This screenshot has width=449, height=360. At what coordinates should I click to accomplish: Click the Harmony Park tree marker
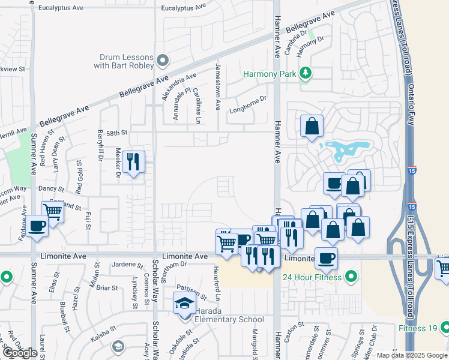pos(306,73)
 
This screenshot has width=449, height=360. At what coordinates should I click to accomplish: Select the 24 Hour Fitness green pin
pos(351,277)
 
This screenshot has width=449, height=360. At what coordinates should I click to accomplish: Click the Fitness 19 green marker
pos(445,328)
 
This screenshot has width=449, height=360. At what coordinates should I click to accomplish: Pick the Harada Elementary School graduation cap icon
pos(184,303)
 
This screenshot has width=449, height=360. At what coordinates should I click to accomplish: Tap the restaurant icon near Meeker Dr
pos(133,161)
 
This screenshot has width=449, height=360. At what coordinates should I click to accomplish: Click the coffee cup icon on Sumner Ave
pos(37,227)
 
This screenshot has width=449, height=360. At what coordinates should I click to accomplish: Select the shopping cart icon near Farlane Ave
pos(53,211)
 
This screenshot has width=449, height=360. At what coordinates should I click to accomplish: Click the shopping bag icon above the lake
pos(312,126)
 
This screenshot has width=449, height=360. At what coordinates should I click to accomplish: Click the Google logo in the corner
pos(20,352)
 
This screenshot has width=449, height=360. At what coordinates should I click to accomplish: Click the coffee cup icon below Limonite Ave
pos(325,258)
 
